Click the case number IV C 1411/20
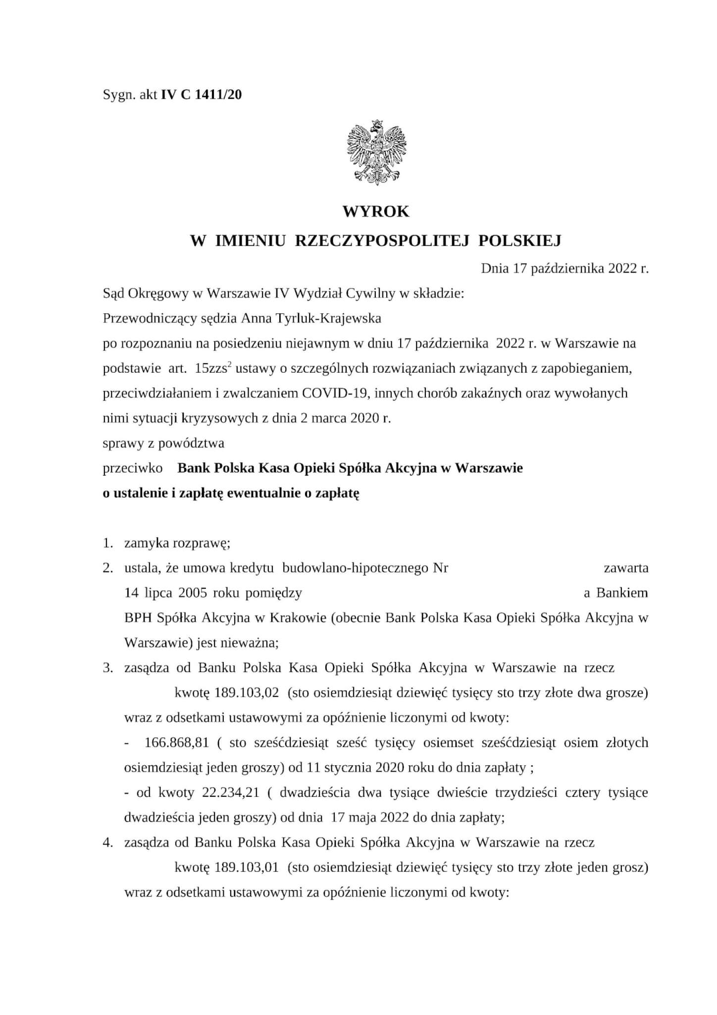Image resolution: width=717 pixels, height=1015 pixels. point(202,95)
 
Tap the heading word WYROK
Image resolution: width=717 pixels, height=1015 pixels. point(376,212)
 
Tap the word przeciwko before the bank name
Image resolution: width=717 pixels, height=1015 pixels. point(132,468)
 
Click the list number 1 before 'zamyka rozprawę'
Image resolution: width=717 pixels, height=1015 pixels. point(107,543)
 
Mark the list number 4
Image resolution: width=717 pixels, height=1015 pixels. point(107,843)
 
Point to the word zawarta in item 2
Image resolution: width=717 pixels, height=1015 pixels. point(626,568)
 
